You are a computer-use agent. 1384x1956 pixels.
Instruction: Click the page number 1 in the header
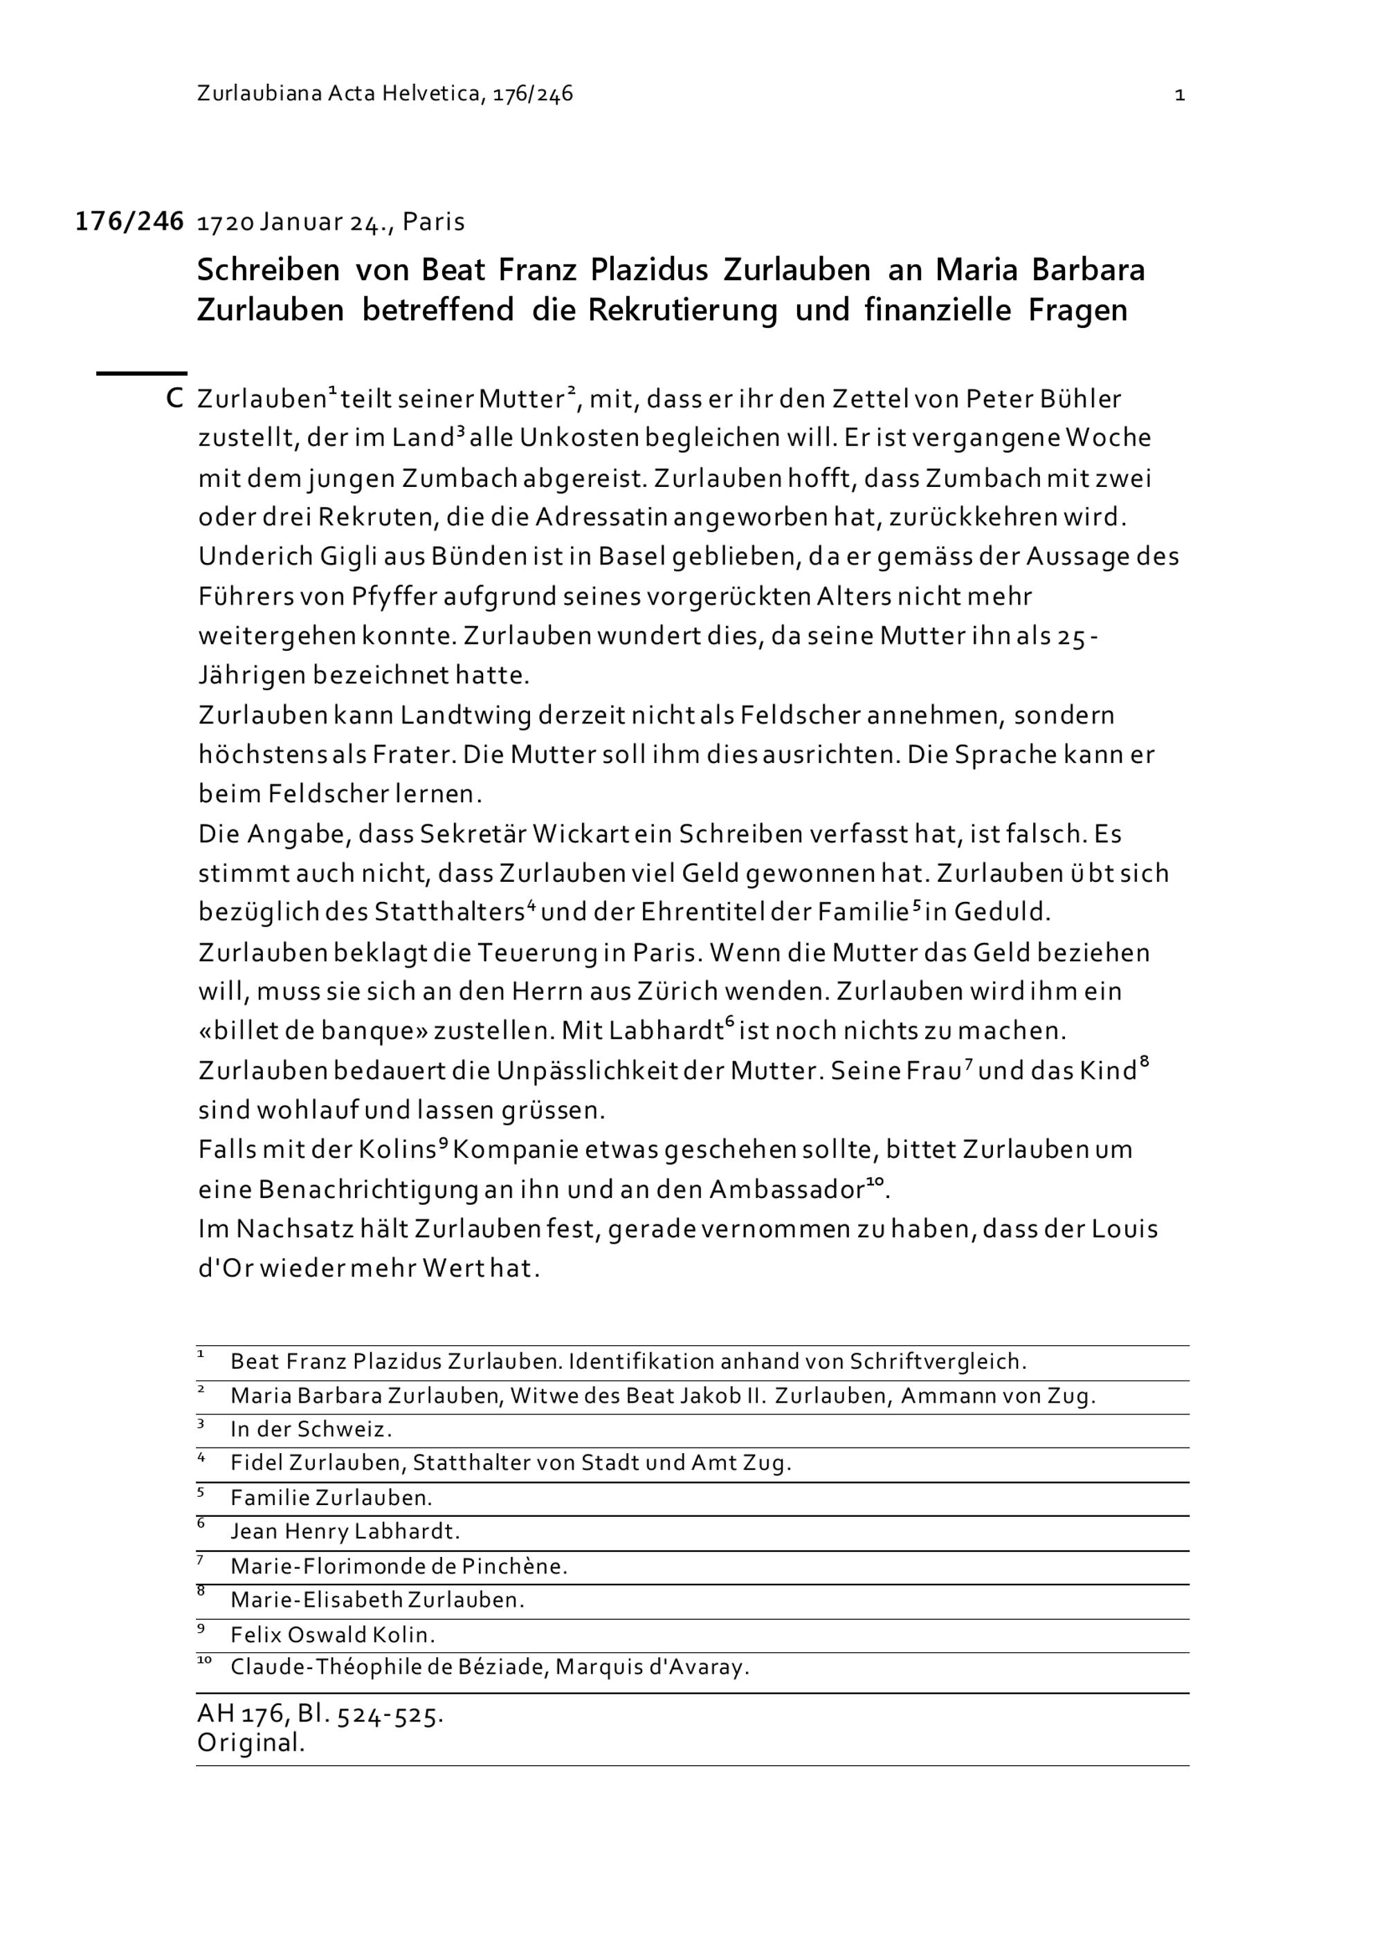point(1179,95)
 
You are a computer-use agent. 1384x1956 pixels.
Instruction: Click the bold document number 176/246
point(129,221)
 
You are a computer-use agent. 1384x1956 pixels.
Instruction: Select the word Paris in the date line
point(434,222)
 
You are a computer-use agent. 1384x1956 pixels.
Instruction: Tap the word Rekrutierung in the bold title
point(682,309)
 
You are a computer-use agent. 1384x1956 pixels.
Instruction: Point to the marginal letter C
point(174,398)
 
